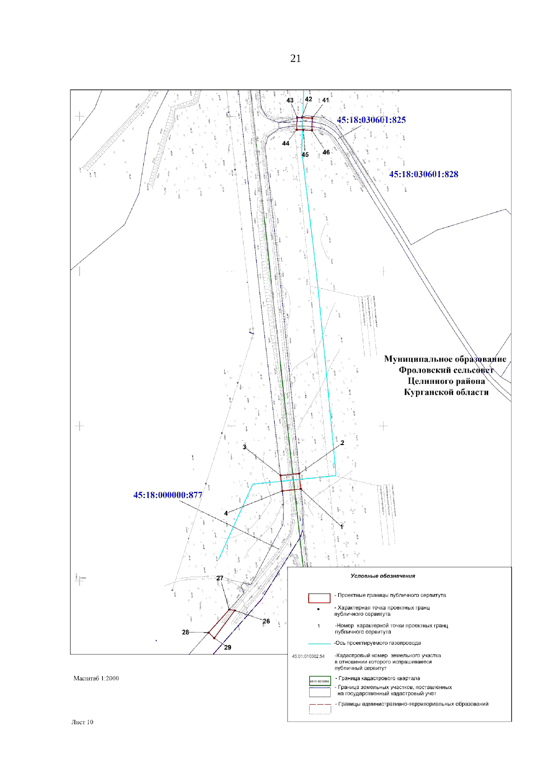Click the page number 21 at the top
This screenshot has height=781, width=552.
(x=295, y=58)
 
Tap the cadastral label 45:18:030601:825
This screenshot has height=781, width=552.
(x=371, y=120)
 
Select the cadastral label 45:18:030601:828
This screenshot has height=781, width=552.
(x=424, y=174)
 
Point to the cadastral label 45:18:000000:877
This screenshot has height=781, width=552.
(x=168, y=495)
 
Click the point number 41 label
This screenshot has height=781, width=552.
(x=326, y=100)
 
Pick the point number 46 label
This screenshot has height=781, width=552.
(x=326, y=152)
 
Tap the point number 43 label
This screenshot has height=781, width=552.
(x=290, y=101)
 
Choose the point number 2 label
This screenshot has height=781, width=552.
(x=342, y=443)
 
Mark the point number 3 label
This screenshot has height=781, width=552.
(x=244, y=447)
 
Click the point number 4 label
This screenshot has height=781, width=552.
(x=226, y=513)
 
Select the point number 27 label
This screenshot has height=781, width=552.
(x=220, y=578)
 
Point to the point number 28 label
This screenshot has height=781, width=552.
(x=185, y=632)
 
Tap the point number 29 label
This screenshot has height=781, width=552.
(x=228, y=648)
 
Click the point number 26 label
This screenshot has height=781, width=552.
(x=266, y=621)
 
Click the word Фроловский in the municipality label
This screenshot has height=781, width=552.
(x=425, y=370)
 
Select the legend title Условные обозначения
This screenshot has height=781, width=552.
(x=383, y=576)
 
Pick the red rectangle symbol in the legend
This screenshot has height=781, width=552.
(x=319, y=598)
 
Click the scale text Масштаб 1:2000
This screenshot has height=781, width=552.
(x=96, y=678)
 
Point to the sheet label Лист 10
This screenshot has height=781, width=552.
(x=82, y=722)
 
